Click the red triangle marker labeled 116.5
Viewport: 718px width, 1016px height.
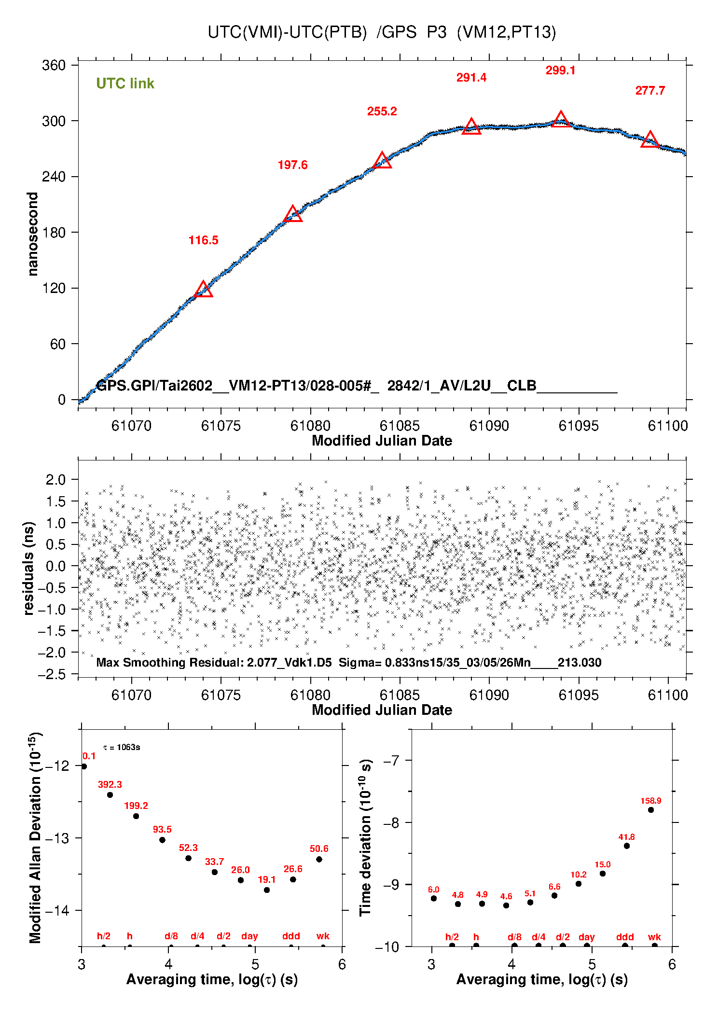203,290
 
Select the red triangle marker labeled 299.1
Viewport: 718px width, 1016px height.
560,120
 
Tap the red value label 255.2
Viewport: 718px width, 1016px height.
382,111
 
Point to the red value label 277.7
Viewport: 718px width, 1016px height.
650,91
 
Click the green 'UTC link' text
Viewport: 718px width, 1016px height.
125,84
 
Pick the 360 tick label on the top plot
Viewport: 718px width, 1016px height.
54,65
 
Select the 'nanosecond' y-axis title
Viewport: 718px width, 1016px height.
32,234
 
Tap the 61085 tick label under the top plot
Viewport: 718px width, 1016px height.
400,426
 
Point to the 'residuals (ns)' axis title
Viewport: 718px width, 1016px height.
29,568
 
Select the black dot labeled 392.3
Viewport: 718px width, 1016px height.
110,795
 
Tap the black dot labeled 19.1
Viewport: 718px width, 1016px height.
267,890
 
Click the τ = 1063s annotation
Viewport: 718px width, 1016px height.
122,748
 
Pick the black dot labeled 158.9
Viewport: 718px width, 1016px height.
651,810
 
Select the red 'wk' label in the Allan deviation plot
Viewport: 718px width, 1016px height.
323,936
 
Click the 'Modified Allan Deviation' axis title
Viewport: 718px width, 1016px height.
35,837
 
